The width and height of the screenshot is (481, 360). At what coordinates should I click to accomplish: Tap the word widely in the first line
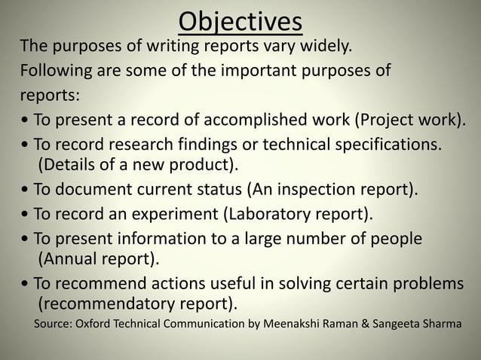(326, 50)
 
